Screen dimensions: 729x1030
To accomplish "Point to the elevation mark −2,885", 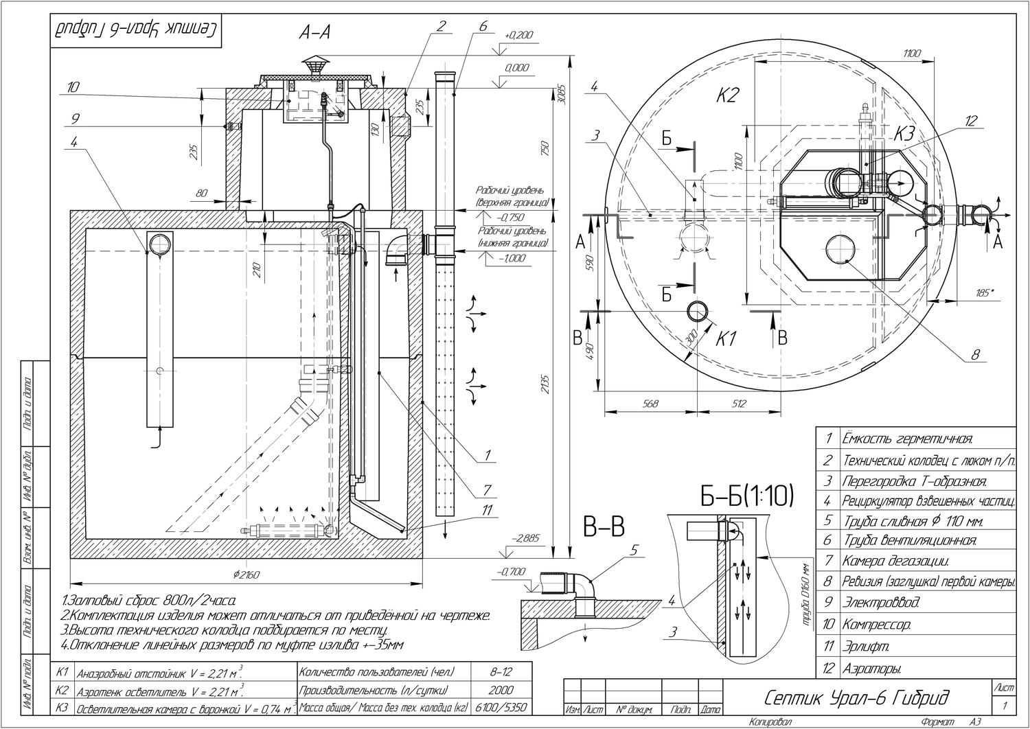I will tap(527, 539).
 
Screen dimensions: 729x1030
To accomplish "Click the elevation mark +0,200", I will tap(518, 35).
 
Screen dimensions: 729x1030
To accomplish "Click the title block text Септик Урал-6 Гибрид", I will tap(857, 699).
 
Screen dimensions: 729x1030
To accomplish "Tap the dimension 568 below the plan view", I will tap(650, 404).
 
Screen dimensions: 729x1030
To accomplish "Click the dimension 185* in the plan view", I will tap(985, 293).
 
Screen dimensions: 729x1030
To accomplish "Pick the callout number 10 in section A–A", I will tap(74, 87).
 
